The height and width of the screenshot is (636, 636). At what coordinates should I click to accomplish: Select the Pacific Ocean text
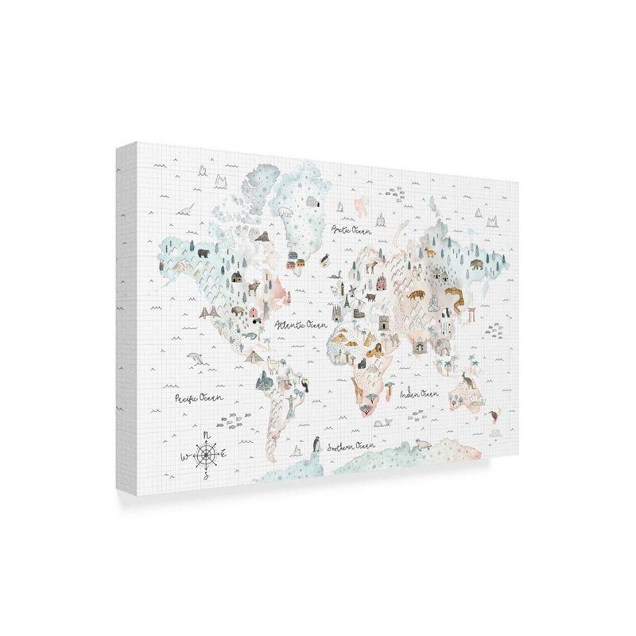coord(200,395)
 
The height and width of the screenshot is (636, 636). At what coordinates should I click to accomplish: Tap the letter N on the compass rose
coord(207,434)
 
